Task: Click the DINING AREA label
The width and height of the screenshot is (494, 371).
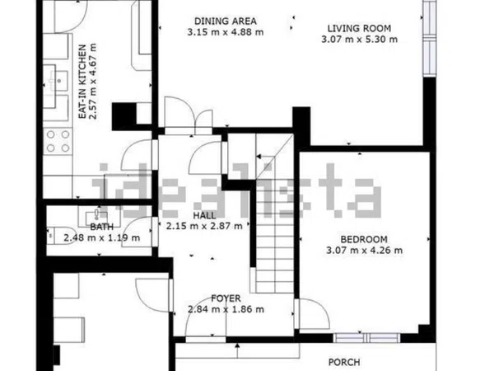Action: click(226, 21)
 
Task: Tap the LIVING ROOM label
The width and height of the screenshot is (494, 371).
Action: click(360, 28)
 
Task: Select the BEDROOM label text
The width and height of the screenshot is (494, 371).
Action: click(364, 239)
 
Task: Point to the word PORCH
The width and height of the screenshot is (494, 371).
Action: click(344, 362)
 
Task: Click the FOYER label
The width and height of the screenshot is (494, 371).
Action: click(226, 298)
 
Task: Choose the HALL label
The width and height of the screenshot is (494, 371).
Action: click(204, 216)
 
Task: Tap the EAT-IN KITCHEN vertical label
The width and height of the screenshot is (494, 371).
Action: click(82, 82)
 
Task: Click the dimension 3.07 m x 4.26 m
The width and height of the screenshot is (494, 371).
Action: click(364, 251)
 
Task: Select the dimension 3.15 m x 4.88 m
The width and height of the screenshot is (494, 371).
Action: click(226, 32)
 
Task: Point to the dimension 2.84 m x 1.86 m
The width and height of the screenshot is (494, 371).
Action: click(226, 309)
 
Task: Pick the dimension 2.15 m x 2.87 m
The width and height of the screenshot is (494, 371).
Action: click(204, 226)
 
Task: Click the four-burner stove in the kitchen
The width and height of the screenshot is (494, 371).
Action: click(58, 141)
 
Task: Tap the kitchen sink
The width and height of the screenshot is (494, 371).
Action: click(56, 81)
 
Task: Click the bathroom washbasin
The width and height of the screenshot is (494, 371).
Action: click(96, 216)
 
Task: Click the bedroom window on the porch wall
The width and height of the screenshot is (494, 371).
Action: click(366, 338)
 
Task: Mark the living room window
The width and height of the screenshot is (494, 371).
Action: click(429, 38)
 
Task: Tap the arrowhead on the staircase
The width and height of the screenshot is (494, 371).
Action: click(259, 157)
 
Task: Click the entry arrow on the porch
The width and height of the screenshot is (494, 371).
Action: click(237, 350)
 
